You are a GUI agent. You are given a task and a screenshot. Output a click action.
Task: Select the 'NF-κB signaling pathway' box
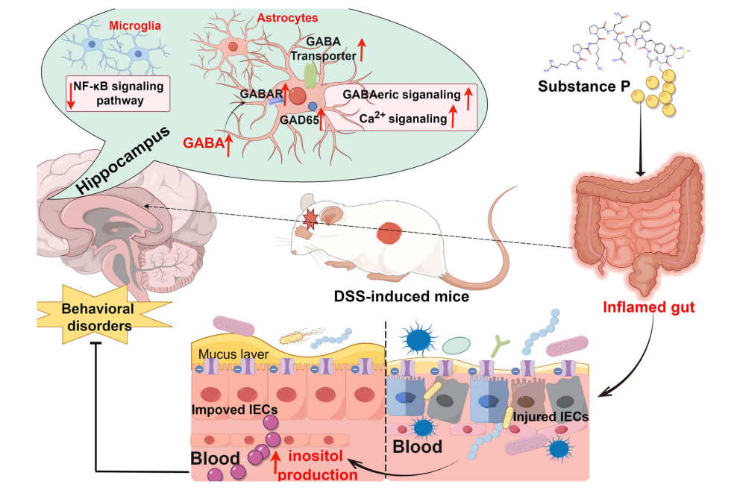116,92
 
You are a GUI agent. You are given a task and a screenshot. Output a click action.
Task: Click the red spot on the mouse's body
390,233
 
